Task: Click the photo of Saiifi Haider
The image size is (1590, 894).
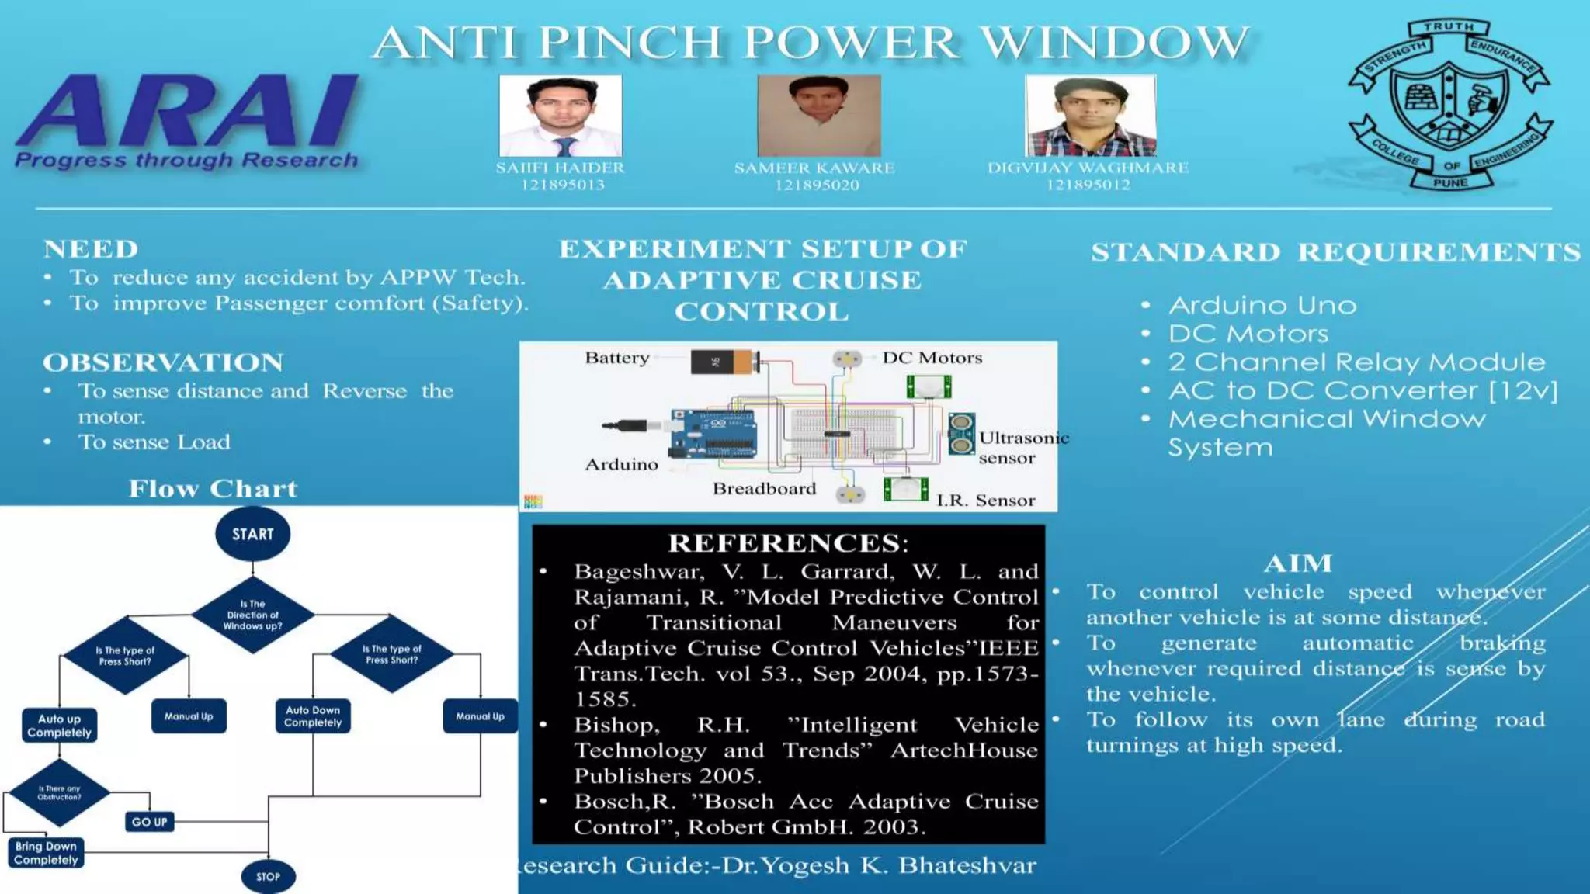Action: (561, 116)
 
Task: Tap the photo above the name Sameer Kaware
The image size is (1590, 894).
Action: (818, 116)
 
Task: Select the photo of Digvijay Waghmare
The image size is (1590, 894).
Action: (1090, 116)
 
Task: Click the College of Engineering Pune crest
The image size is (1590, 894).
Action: (1450, 105)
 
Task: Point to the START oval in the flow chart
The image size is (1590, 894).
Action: (252, 534)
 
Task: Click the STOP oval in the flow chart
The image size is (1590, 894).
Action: (268, 877)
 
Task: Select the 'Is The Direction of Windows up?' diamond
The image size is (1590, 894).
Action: (252, 615)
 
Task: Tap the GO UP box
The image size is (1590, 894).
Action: (149, 822)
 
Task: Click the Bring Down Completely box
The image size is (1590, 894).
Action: (46, 853)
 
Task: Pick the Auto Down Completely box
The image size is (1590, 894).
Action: (313, 716)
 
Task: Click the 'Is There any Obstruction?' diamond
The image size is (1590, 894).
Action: (59, 792)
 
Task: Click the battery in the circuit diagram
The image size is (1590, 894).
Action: (724, 362)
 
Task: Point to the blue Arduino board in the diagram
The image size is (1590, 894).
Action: (713, 435)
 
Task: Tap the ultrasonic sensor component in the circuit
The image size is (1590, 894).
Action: (961, 434)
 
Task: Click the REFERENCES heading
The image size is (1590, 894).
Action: (787, 543)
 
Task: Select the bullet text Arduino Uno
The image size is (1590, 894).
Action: (1262, 306)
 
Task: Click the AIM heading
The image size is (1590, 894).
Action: (1297, 563)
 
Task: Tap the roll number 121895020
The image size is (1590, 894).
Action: (817, 185)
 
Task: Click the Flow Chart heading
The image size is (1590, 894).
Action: (213, 489)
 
